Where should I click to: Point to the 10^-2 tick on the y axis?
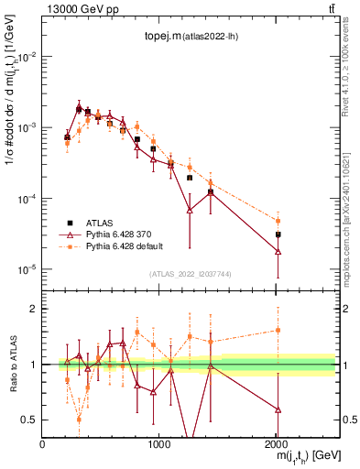click(x=27, y=56)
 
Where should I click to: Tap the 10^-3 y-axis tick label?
click(x=27, y=127)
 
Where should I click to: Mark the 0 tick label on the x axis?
click(x=42, y=442)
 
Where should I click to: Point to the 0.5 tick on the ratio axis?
click(x=30, y=420)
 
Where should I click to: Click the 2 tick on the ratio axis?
click(x=34, y=309)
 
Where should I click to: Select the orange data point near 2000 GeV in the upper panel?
click(x=278, y=221)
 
